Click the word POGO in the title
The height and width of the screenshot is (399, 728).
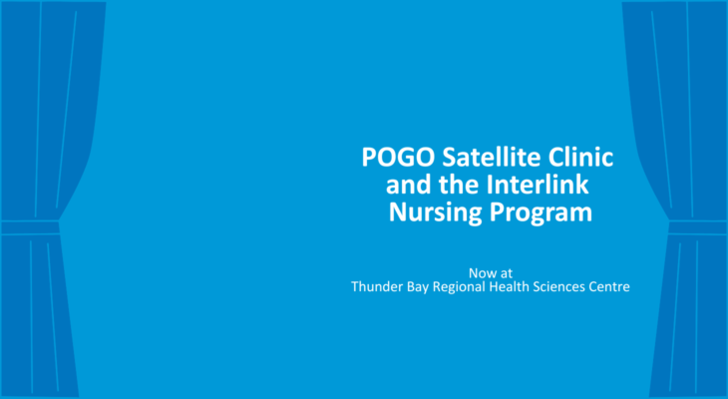point(398,158)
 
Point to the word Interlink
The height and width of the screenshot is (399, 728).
point(538,185)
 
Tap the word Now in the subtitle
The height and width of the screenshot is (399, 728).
point(479,272)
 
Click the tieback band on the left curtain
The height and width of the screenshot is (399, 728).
point(30,227)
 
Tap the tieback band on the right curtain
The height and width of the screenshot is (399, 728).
point(698,227)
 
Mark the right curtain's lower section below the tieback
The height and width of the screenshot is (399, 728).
point(688,315)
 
